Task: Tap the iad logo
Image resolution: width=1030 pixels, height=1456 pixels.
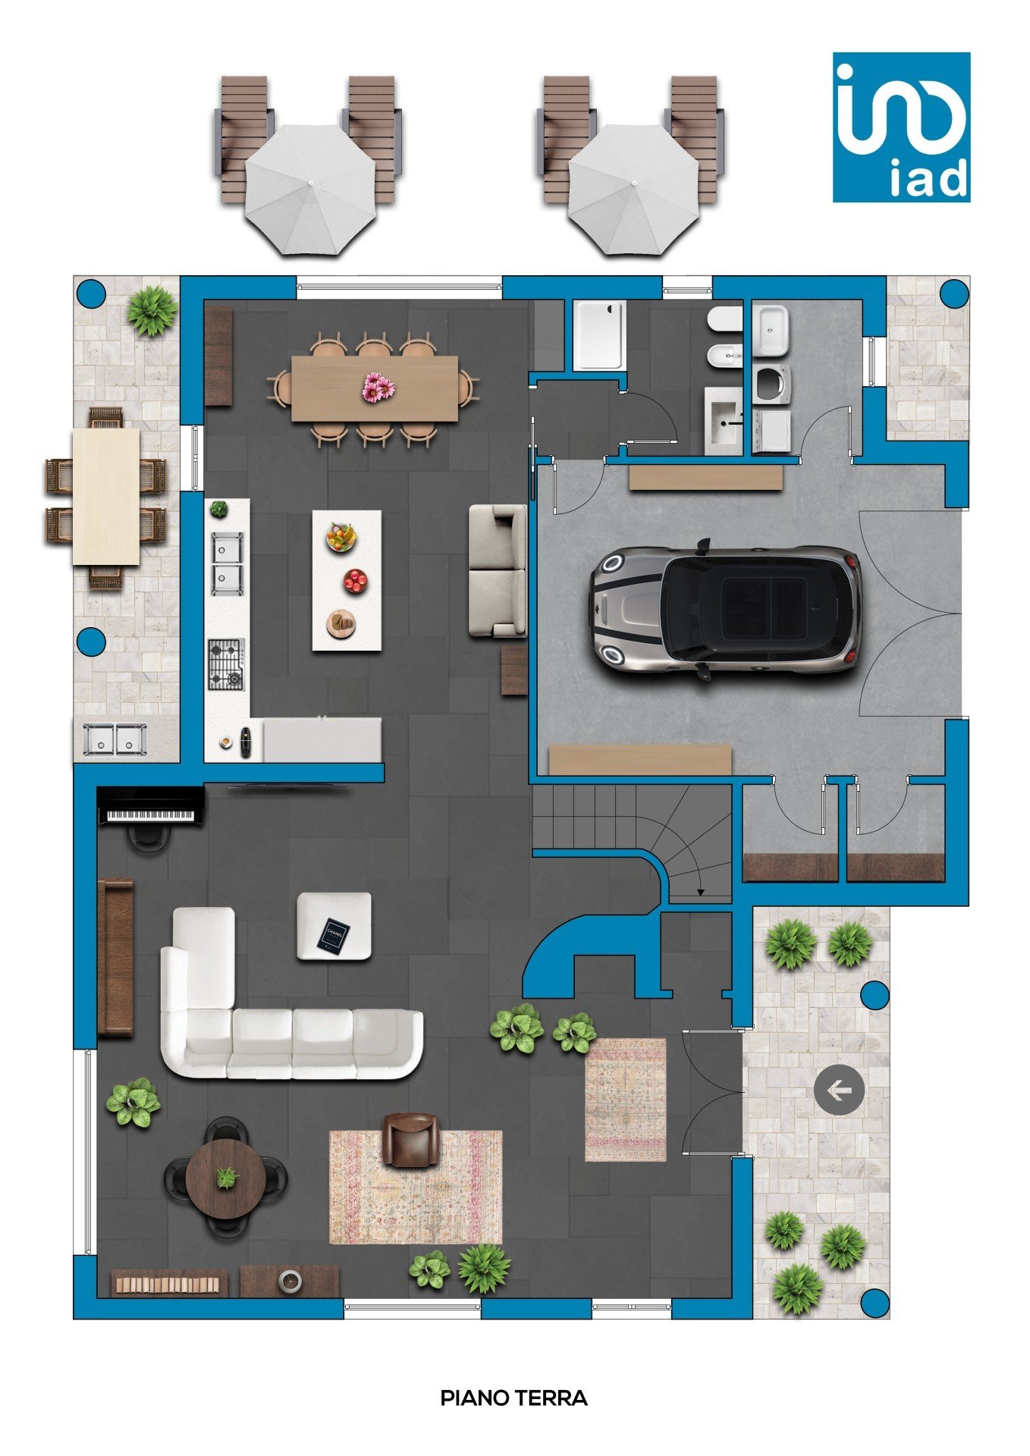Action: [x=901, y=127]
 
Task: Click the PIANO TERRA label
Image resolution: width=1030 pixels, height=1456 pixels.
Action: [x=514, y=1398]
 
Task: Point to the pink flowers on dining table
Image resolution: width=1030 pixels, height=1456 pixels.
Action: [x=378, y=388]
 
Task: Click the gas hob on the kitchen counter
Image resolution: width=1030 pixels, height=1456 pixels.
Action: [x=227, y=664]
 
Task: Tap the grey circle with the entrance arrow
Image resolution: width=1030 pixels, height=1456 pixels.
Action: [x=839, y=1090]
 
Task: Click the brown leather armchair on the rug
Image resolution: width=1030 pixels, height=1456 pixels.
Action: [x=410, y=1139]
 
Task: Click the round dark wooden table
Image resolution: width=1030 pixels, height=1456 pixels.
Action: [x=226, y=1178]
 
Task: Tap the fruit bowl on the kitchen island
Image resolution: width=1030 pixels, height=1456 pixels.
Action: [x=341, y=538]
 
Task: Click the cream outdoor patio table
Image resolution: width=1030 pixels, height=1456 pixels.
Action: [x=106, y=497]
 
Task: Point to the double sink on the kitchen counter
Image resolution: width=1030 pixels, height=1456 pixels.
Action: [x=227, y=563]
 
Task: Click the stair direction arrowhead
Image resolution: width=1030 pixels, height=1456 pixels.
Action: [x=700, y=893]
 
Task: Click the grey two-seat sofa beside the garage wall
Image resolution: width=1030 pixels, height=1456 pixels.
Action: [x=498, y=570]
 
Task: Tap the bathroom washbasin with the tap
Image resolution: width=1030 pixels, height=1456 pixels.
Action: [x=724, y=421]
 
